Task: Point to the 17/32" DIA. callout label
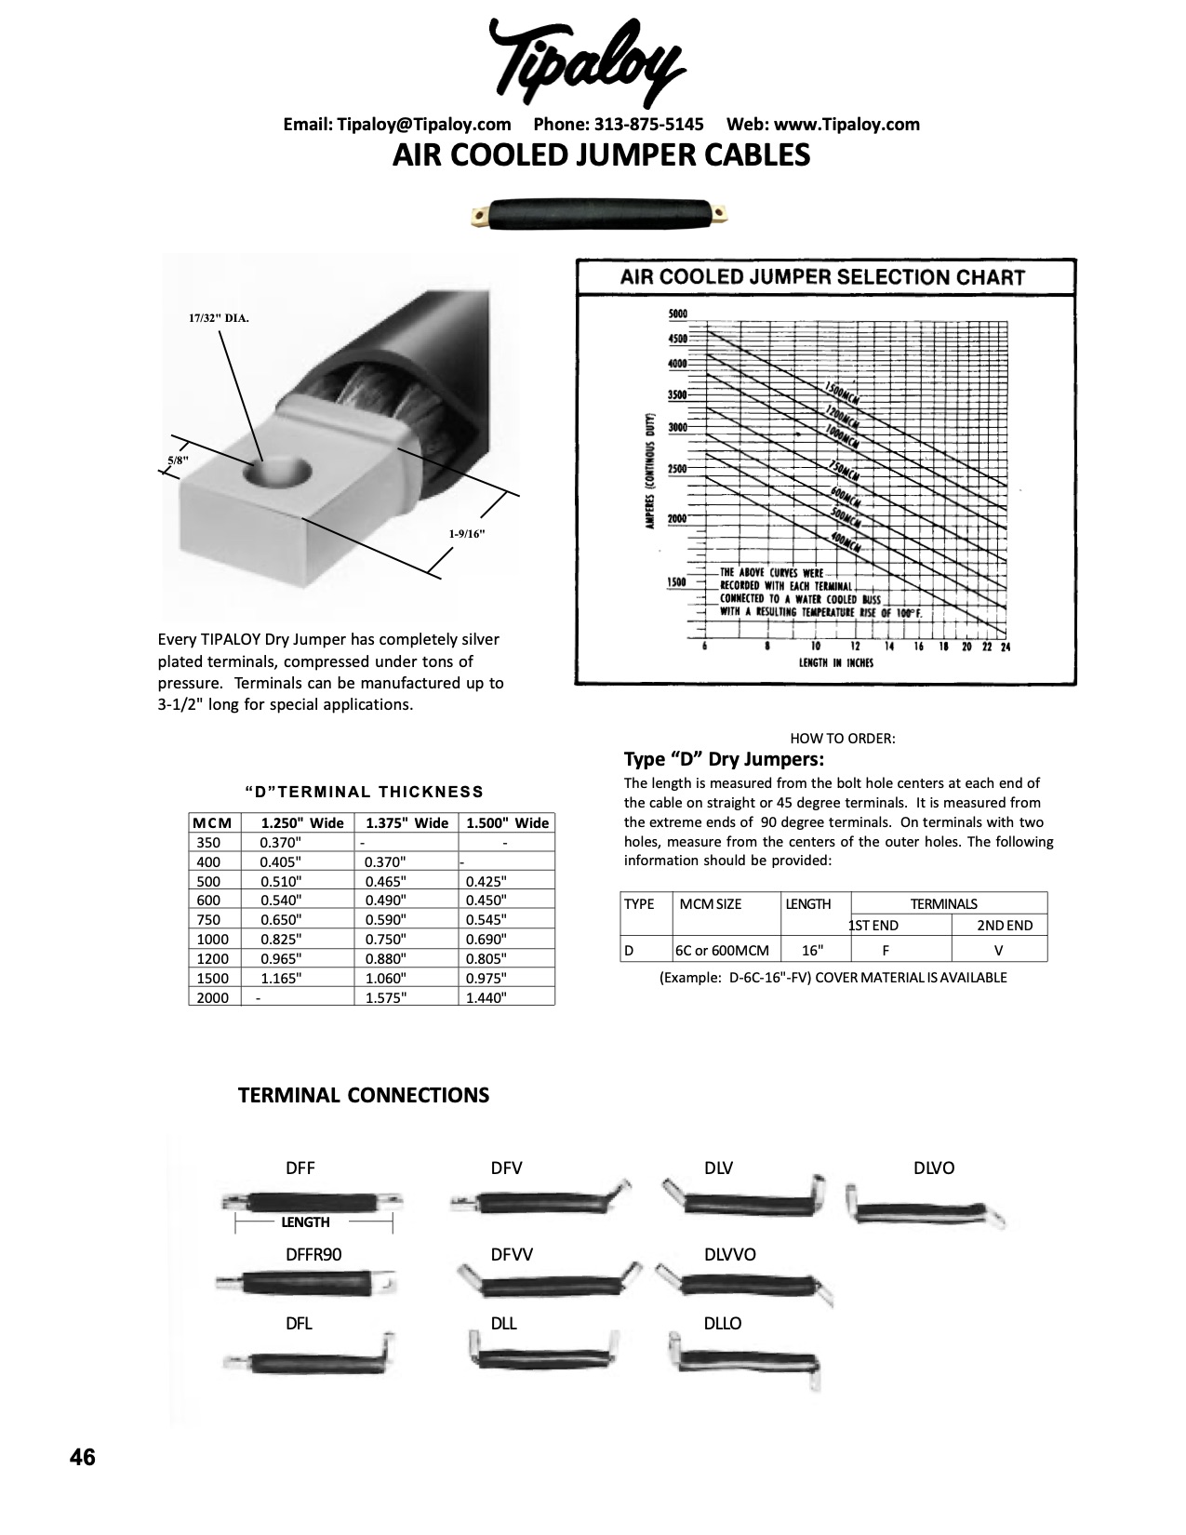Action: tap(219, 318)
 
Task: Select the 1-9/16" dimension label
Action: tap(467, 534)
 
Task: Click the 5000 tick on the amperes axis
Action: tap(677, 314)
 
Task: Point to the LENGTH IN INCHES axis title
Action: tap(836, 663)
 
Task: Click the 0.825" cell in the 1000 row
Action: tap(278, 939)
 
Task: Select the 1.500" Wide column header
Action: tap(507, 822)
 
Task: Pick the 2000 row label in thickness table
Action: tap(212, 997)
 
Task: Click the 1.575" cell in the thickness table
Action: tap(385, 997)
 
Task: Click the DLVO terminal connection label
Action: tap(934, 1168)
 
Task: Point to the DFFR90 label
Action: tap(313, 1254)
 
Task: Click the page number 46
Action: tap(82, 1457)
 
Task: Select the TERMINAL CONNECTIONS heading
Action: tap(364, 1095)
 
